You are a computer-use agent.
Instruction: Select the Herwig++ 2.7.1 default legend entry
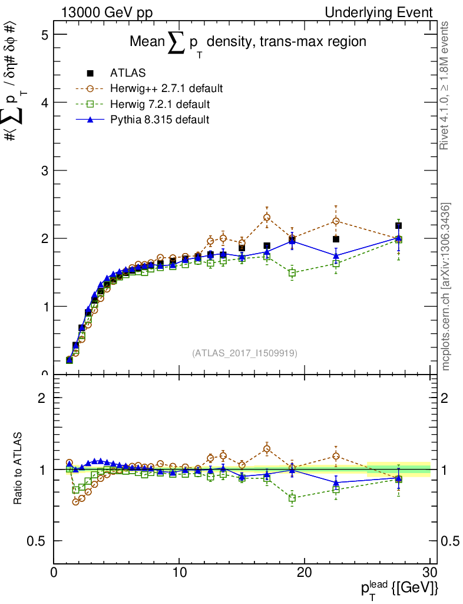click(166, 88)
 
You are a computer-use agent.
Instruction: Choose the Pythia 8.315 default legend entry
click(160, 120)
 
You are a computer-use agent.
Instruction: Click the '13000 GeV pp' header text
click(107, 12)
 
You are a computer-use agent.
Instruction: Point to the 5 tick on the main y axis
click(44, 35)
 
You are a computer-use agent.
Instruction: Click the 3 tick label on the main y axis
click(44, 170)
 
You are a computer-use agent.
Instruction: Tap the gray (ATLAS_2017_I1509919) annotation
click(244, 353)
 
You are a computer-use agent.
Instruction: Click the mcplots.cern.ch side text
click(446, 287)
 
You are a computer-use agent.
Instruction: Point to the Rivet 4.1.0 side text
click(446, 86)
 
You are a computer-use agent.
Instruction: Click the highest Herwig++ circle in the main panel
click(267, 217)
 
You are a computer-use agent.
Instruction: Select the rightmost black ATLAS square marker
click(399, 226)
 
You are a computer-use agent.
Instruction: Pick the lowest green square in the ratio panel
click(292, 498)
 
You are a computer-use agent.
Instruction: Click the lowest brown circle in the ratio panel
click(75, 501)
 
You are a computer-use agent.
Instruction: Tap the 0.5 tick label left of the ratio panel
click(37, 541)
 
